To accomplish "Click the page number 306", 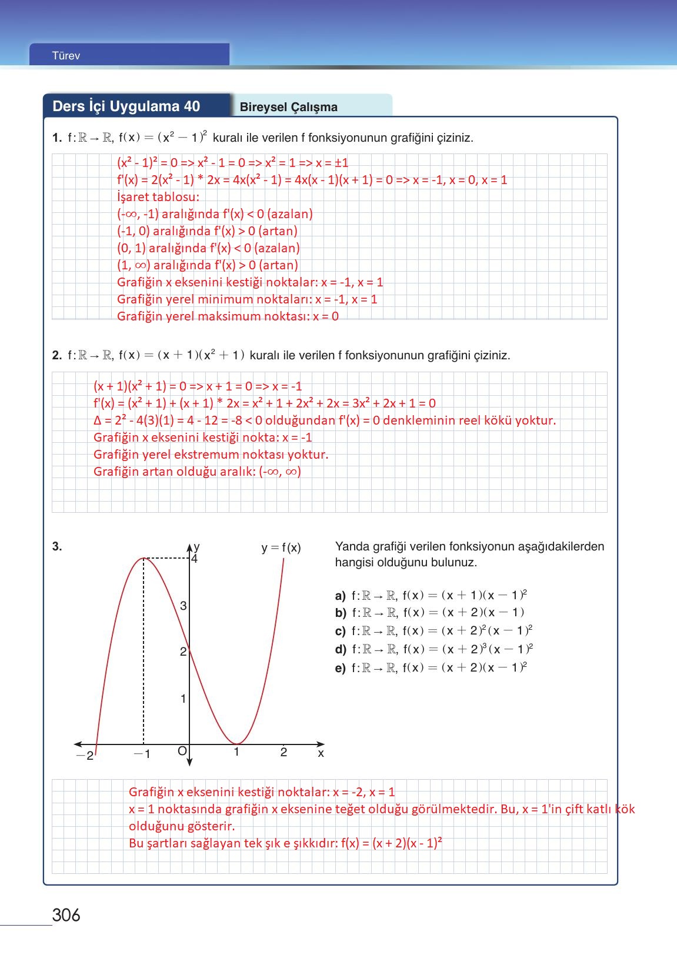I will coord(66,915).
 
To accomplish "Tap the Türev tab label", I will coord(66,56).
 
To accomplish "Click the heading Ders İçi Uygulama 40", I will coord(126,106).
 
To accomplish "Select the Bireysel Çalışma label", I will coord(288,107).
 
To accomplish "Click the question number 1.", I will coord(56,138).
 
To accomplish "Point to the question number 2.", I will coord(56,355).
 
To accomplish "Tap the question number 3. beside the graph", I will coord(56,546).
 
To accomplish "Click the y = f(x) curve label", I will coord(281,548).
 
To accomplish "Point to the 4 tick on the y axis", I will coord(195,559).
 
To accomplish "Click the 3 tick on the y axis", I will coord(183,606).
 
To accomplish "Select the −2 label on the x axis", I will coord(85,756).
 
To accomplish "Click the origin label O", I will coord(182,751).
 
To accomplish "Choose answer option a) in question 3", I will coord(340,596).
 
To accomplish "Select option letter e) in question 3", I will coord(340,669).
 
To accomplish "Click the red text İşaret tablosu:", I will coord(158,197).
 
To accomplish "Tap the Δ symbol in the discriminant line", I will coord(98,420).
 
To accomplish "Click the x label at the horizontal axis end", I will coord(321,753).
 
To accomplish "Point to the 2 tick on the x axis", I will coord(284,752).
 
